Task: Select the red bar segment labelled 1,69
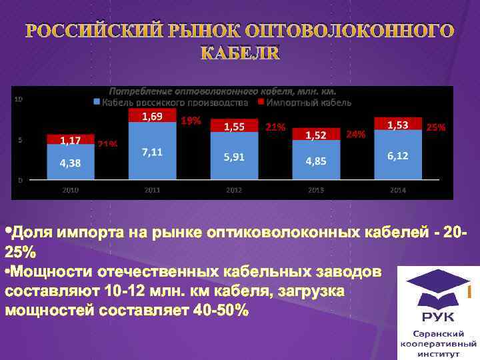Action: click(x=152, y=117)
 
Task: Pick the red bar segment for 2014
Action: click(x=398, y=124)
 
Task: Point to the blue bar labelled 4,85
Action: click(x=316, y=161)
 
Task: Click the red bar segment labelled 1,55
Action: click(x=233, y=125)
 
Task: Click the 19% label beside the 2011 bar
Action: click(x=191, y=121)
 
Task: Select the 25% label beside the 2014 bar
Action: click(x=436, y=126)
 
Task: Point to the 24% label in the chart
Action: click(x=355, y=134)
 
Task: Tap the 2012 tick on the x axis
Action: click(x=234, y=190)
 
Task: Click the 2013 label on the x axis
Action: click(x=316, y=190)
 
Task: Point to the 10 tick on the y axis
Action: click(x=19, y=99)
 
